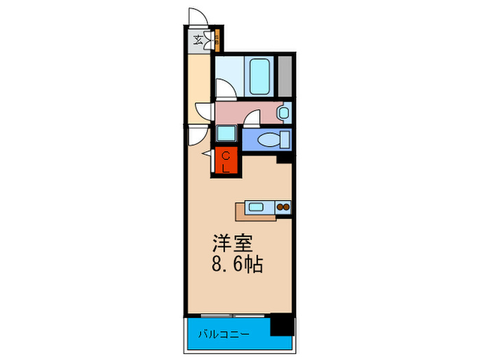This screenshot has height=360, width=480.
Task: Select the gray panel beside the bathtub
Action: point(285,76)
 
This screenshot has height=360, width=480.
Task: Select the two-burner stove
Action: point(283,206)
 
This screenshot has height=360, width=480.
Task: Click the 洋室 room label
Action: point(232,243)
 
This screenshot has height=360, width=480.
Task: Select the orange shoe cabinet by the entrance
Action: point(216,40)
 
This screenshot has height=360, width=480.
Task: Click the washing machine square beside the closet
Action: point(226,135)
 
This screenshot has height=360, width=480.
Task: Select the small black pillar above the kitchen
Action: point(284,159)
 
